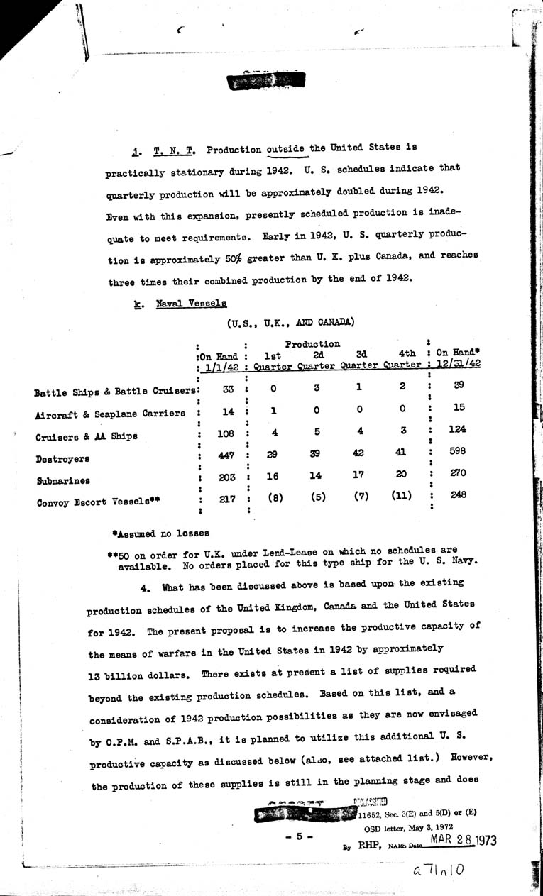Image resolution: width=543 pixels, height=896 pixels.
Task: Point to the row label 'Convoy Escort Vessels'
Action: (x=98, y=502)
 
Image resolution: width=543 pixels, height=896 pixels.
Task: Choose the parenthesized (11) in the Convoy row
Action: (x=401, y=497)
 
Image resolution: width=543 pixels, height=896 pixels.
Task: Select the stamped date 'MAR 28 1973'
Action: (x=461, y=841)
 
